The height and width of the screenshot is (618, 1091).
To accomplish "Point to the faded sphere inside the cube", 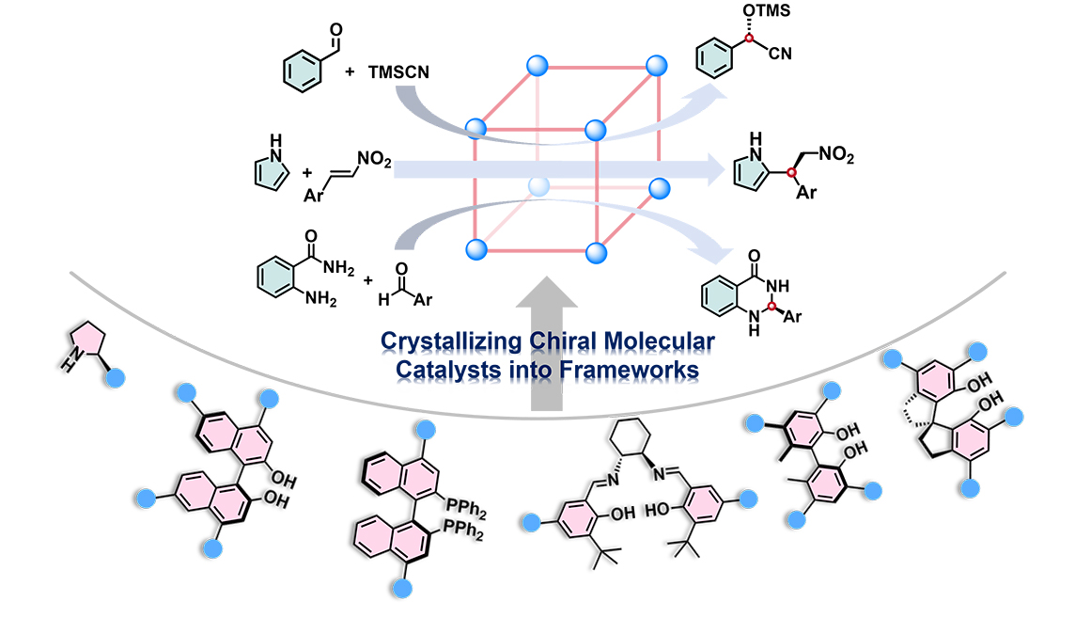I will click(537, 186).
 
